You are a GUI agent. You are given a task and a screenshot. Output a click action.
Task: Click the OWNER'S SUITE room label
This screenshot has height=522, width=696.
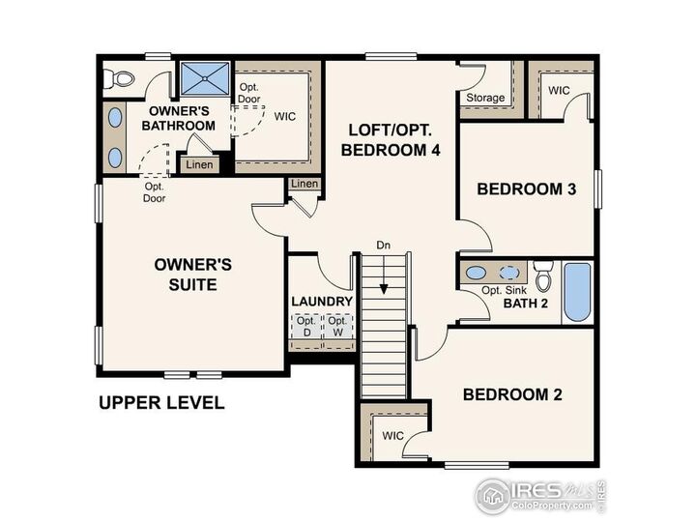tap(193, 274)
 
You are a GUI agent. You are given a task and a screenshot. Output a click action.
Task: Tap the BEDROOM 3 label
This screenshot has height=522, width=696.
tap(527, 188)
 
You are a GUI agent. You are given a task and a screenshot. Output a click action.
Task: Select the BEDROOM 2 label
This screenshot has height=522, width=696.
tap(512, 394)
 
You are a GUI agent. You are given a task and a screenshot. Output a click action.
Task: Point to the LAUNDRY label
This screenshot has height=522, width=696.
tap(322, 302)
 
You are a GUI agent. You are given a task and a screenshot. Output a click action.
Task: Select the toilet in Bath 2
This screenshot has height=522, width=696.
tap(542, 276)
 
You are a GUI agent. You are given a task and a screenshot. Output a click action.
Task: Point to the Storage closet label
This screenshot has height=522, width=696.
tap(485, 98)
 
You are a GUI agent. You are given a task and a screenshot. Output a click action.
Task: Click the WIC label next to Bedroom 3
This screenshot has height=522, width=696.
tap(559, 90)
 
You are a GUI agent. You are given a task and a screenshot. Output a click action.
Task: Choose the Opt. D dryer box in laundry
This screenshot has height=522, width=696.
tap(306, 328)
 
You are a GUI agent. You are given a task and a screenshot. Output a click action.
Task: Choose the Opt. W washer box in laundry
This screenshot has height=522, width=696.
tap(336, 328)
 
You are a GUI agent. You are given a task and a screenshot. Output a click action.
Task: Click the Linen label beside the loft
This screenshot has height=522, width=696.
tap(304, 185)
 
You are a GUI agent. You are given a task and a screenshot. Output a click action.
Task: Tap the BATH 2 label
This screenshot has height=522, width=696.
tap(525, 304)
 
